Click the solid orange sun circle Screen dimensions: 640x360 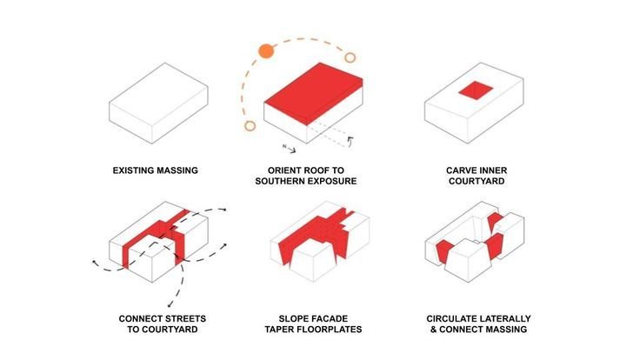click(266, 51)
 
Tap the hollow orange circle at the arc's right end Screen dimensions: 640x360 click(350, 57)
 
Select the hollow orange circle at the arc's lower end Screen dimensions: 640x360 click(250, 126)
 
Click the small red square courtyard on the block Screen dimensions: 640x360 click(476, 90)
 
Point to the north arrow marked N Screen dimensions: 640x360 click(289, 149)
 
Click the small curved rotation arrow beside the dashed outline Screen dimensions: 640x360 click(350, 141)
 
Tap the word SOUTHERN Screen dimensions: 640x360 click(279, 181)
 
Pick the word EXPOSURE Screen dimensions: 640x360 click(331, 181)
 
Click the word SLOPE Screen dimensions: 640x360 click(293, 319)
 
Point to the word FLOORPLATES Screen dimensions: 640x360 click(330, 330)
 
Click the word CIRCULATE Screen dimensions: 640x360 click(451, 319)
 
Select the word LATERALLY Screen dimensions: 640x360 click(505, 319)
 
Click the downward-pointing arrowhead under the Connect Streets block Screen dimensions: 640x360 click(170, 304)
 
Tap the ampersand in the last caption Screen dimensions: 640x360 click(433, 330)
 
